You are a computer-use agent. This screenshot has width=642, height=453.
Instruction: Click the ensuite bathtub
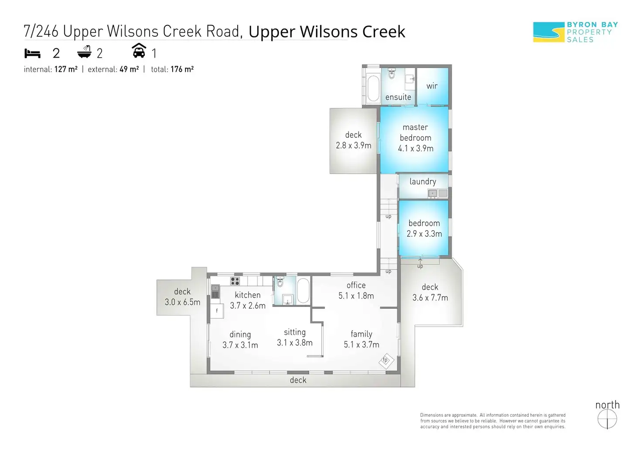coord(373,89)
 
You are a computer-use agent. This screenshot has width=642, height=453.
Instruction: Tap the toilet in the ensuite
coord(391,74)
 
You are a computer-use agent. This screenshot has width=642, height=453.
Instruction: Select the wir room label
coord(432,86)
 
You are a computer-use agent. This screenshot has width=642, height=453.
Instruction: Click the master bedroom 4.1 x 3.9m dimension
coord(416,148)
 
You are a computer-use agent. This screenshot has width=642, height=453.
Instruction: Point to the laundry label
coord(423,181)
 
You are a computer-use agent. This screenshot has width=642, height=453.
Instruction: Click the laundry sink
coord(432,193)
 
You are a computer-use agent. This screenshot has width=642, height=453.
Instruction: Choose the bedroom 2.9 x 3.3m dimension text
coord(424,234)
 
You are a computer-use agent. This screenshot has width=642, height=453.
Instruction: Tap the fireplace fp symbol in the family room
coord(386,361)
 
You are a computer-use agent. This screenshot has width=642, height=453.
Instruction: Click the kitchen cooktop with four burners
coord(235,281)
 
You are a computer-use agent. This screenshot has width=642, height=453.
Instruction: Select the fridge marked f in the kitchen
coord(217,310)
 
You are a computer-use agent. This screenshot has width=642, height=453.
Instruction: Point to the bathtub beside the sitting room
coord(303,290)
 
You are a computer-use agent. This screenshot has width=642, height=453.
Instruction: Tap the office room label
coord(356,285)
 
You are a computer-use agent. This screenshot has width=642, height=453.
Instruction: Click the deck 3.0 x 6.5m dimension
coord(182,302)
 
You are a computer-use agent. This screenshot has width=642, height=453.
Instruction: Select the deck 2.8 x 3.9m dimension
coord(353,146)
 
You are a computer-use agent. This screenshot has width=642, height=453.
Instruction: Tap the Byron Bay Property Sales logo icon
coord(548,32)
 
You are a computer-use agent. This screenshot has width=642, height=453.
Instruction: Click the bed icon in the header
coord(32,53)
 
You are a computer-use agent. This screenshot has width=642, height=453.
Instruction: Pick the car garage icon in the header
coord(139,51)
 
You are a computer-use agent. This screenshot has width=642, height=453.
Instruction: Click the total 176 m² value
coord(182,69)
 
